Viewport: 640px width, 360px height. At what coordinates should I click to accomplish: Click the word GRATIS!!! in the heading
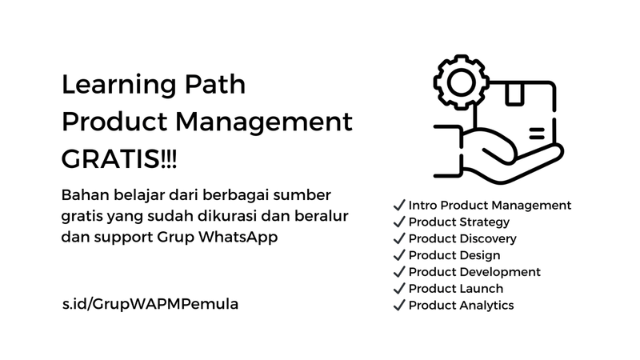pyautogui.click(x=121, y=158)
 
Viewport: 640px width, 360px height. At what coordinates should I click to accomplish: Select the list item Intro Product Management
pyautogui.click(x=490, y=205)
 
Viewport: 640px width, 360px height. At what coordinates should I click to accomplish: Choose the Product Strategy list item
pyautogui.click(x=458, y=222)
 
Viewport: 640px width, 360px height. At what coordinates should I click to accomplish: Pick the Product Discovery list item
pyautogui.click(x=462, y=238)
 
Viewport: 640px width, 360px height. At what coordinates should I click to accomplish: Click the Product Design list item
pyautogui.click(x=454, y=255)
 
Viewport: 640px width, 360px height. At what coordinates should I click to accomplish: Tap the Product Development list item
pyautogui.click(x=474, y=272)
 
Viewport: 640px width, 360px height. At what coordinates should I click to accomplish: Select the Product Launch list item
pyautogui.click(x=456, y=288)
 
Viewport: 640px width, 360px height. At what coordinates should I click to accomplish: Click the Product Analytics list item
pyautogui.click(x=461, y=305)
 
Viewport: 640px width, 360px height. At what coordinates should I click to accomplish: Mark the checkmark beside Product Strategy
pyautogui.click(x=398, y=222)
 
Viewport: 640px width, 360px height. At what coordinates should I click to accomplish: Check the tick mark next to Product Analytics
pyautogui.click(x=398, y=305)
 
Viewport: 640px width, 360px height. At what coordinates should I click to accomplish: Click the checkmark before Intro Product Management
pyautogui.click(x=398, y=205)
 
